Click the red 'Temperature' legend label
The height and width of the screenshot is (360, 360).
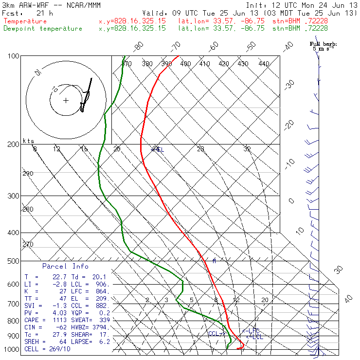(25, 21)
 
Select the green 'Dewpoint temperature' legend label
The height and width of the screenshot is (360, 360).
(43, 28)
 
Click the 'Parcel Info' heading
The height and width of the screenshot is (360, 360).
(65, 266)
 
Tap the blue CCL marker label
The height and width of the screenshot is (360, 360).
(215, 334)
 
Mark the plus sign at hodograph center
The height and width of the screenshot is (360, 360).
(66, 101)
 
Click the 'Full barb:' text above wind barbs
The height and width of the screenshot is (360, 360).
(324, 44)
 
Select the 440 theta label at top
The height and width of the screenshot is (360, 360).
(264, 64)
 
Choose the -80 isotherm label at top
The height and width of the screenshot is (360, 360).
(139, 46)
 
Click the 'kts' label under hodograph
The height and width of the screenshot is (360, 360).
(29, 141)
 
